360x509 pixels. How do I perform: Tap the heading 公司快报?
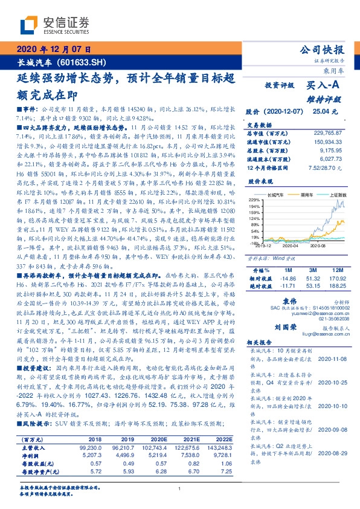point(327,50)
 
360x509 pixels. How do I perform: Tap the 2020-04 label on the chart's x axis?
point(291,246)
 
